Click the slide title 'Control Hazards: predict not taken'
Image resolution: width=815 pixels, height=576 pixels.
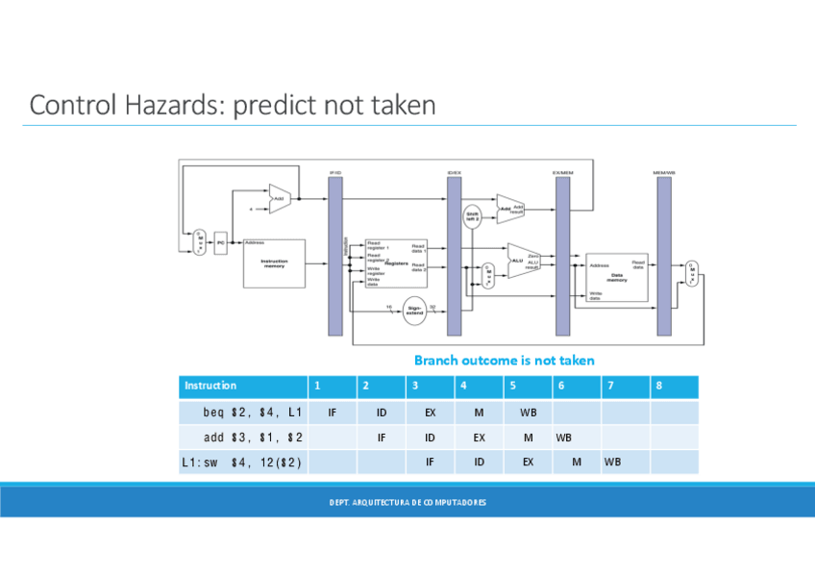coord(232,104)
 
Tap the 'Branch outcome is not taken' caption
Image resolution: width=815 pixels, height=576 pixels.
coord(504,360)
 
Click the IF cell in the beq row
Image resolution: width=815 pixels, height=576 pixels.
coord(332,413)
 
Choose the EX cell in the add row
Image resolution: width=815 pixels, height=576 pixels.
coord(479,438)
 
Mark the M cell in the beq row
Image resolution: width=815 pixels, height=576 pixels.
coord(479,413)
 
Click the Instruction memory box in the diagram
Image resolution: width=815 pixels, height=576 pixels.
coord(274,263)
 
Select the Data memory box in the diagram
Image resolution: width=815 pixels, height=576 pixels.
coord(616,277)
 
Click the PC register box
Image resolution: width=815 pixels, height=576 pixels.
coord(220,243)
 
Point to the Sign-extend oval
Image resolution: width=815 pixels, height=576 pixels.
coord(414,311)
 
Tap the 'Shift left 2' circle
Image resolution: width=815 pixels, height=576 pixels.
coord(473,215)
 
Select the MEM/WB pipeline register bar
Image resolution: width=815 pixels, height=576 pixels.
coord(664,255)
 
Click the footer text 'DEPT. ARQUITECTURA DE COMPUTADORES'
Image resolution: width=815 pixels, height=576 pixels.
coord(407,502)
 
